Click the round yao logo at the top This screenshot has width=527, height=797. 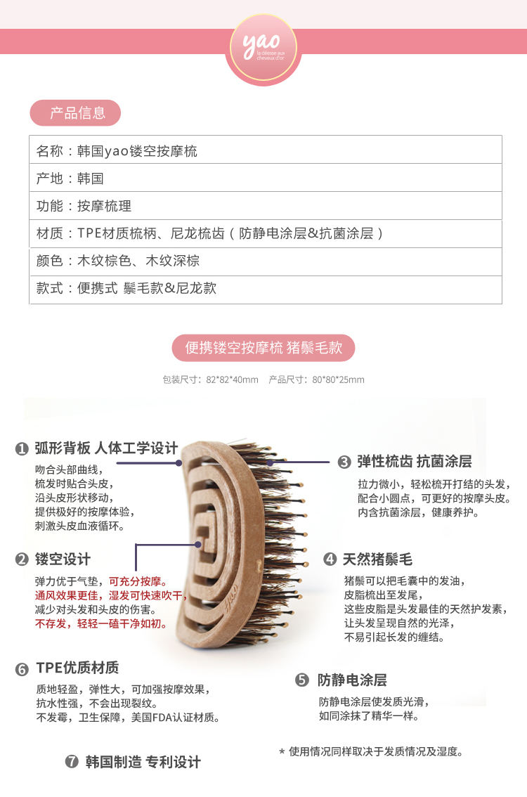[263, 49]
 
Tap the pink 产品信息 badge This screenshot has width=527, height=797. [75, 113]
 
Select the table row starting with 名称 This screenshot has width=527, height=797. [266, 150]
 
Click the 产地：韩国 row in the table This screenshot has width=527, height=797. [266, 178]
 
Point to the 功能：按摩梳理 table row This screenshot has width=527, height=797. [266, 206]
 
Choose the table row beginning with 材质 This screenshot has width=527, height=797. [266, 234]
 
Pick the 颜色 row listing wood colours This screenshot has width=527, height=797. [266, 261]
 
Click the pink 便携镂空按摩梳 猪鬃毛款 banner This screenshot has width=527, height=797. [263, 348]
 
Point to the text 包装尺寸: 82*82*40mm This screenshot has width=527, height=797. [210, 380]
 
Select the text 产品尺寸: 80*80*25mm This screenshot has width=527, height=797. [316, 380]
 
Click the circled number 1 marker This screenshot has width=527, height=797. [21, 449]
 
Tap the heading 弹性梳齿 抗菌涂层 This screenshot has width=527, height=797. [414, 462]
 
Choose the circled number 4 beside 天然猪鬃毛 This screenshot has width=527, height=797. [330, 559]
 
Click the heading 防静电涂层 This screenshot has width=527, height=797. [352, 680]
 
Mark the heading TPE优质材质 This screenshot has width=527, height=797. [77, 668]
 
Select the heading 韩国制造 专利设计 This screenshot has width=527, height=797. [143, 762]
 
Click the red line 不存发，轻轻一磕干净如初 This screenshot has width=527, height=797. [100, 623]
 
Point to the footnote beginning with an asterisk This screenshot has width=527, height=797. [371, 751]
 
